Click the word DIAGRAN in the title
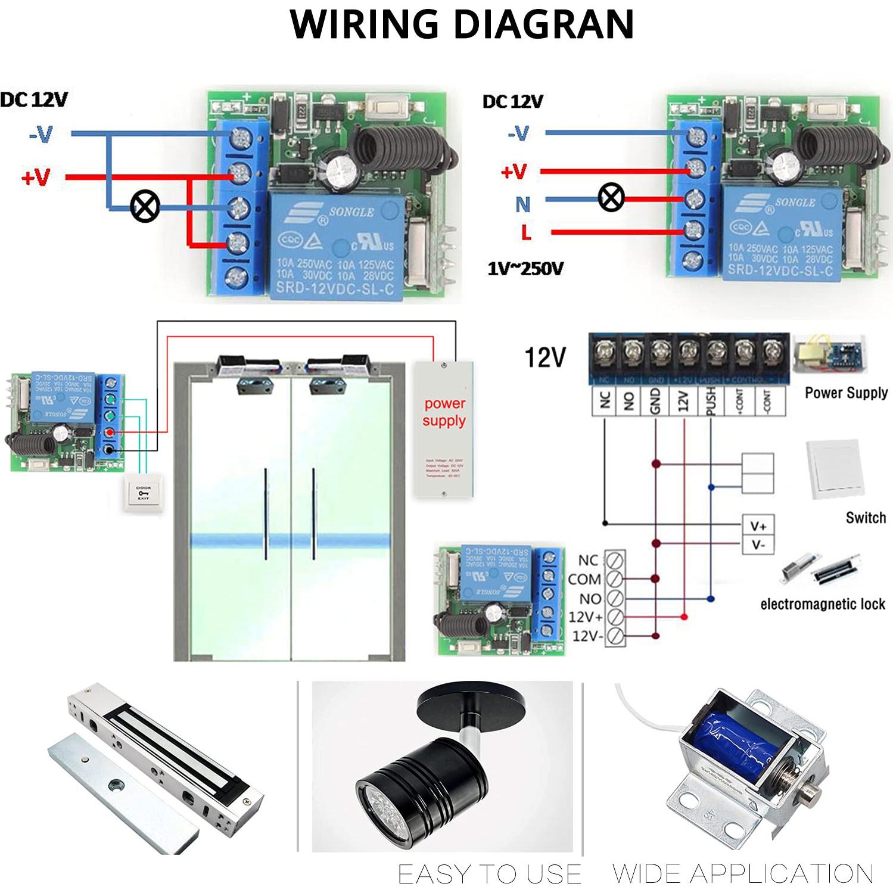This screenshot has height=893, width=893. click(x=543, y=24)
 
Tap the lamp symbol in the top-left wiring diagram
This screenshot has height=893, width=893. click(x=145, y=206)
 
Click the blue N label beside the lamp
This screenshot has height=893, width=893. click(x=522, y=204)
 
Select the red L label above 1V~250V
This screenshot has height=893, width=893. click(x=525, y=232)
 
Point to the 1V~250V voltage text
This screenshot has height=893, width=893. click(x=525, y=269)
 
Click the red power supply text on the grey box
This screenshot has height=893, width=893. click(x=444, y=412)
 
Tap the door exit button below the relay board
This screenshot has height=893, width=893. click(x=143, y=493)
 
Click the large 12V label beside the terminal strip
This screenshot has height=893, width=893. click(x=544, y=357)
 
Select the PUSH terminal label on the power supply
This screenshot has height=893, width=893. click(x=710, y=401)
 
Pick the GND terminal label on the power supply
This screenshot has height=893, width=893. click(x=655, y=401)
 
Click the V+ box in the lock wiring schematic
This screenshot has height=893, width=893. click(x=758, y=526)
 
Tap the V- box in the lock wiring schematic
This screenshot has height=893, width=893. click(x=758, y=544)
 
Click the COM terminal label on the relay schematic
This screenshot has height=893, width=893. click(x=584, y=579)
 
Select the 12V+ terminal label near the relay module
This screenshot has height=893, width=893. click(x=586, y=617)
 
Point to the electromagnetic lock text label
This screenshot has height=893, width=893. click(x=822, y=604)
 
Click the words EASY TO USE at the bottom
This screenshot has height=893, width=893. click(x=489, y=874)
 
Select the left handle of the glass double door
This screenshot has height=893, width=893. click(x=266, y=514)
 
